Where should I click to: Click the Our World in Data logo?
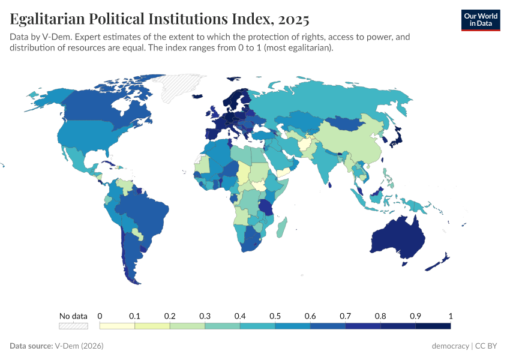480,20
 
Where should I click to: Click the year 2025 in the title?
292,19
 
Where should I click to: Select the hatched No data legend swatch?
73,326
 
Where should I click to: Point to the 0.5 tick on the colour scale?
275,316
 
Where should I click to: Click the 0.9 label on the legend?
415,316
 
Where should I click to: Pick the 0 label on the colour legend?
100,316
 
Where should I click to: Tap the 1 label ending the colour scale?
450,316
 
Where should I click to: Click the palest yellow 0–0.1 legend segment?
117,326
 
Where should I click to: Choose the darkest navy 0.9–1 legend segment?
433,326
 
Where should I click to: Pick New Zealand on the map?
441,260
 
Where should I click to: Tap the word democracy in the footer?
451,346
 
